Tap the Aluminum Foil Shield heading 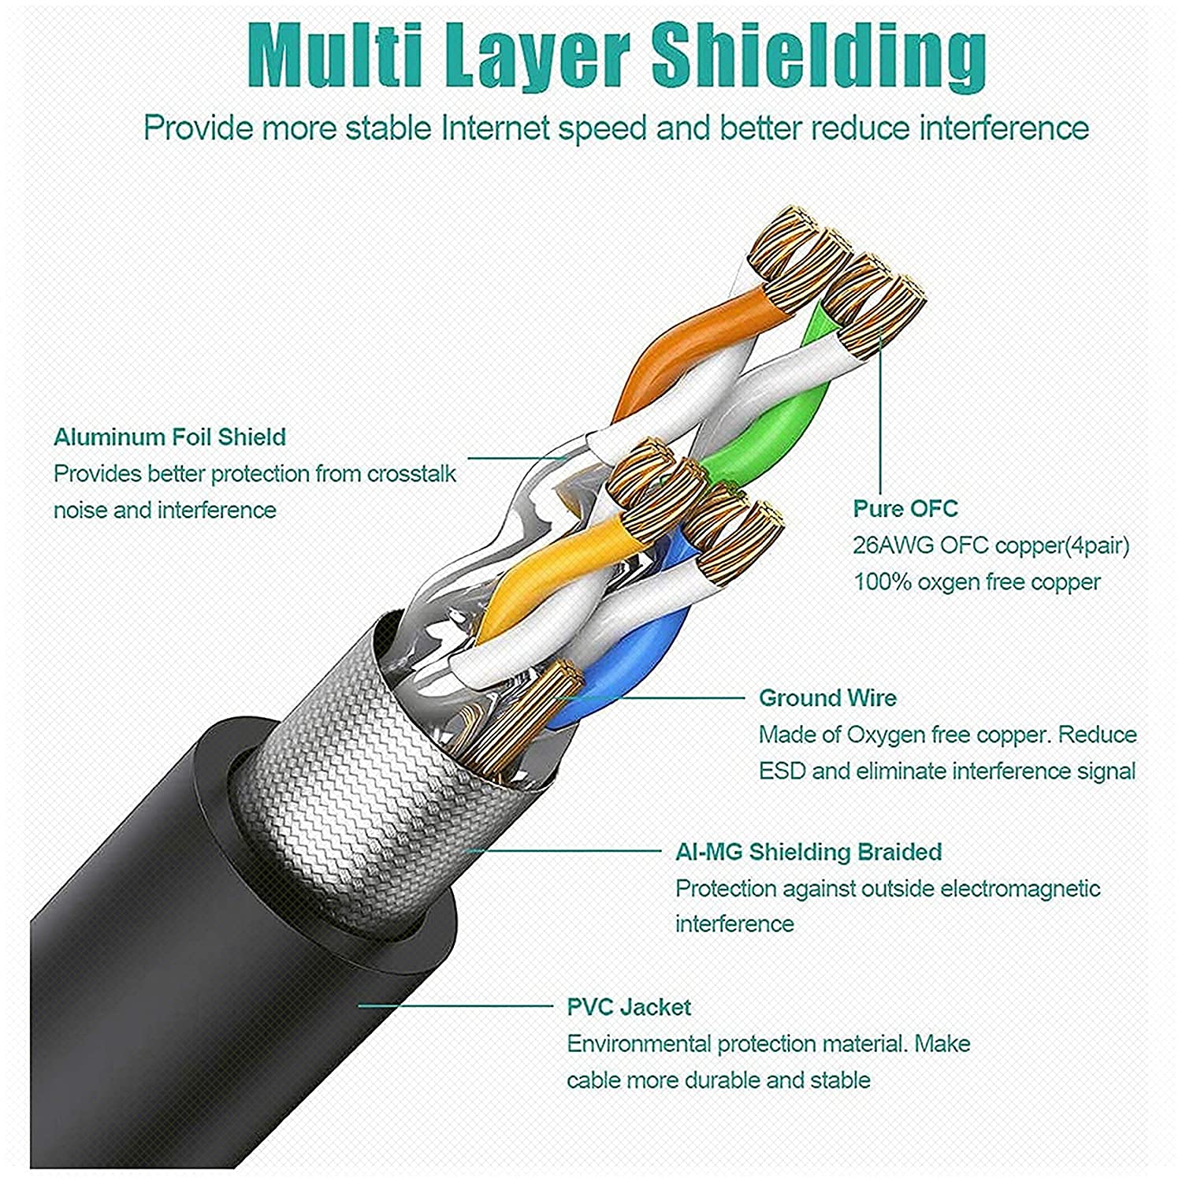click(x=169, y=437)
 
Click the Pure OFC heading click(x=905, y=508)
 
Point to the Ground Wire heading click(x=827, y=697)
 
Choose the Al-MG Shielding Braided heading click(x=808, y=851)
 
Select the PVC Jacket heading click(x=628, y=1006)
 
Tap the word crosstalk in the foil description click(x=411, y=474)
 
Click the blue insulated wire click(x=630, y=670)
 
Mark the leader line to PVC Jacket click(x=457, y=1005)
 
